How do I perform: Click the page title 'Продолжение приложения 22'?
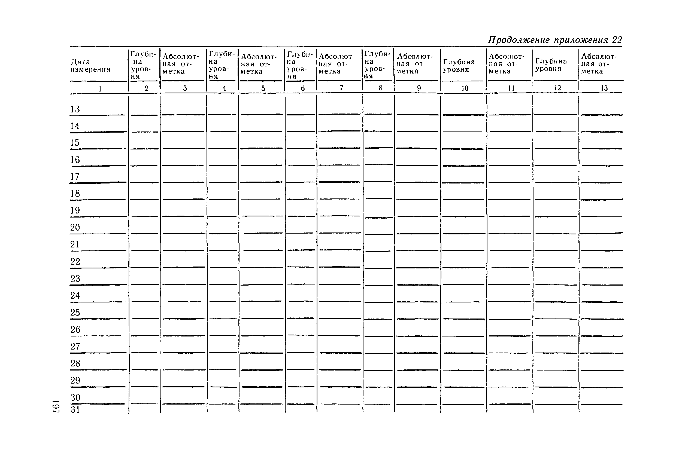555,40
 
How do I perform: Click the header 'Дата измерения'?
90,66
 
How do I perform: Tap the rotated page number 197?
56,406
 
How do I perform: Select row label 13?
75,109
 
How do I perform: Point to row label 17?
75,176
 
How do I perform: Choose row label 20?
75,227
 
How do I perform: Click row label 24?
75,295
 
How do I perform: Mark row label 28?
75,363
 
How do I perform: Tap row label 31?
75,409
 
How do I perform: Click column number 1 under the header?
100,89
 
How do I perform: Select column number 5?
263,88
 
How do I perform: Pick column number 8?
380,88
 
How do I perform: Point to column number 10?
465,88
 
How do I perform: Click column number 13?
604,88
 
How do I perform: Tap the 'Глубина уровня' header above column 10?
459,66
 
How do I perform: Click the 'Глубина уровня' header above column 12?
551,65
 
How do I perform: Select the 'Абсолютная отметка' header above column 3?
181,64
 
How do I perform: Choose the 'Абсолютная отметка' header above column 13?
599,64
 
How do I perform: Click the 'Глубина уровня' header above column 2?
143,65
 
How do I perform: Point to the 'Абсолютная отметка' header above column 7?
337,64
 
